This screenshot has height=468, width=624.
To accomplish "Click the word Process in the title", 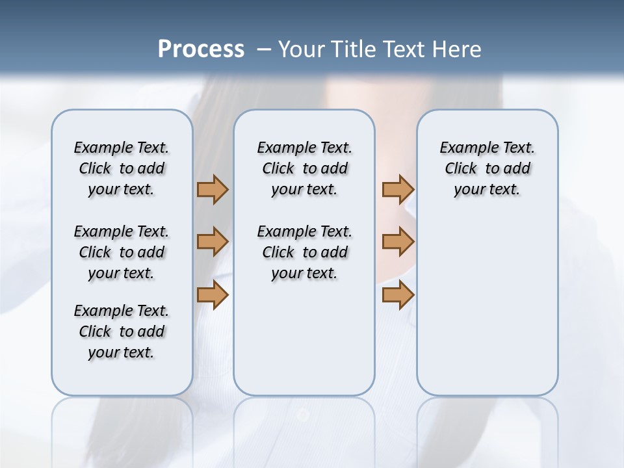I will (201, 49).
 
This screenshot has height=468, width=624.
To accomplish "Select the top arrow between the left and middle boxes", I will (213, 189).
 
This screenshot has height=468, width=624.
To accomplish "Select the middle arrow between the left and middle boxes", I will (213, 242).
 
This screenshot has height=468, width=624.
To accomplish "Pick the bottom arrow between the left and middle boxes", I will (213, 295).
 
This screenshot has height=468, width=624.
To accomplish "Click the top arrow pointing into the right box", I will (398, 189).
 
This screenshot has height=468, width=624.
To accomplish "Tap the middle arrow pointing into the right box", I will (398, 242).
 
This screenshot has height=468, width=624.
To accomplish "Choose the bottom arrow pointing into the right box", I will (398, 295).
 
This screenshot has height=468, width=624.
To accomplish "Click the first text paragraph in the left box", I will (122, 168).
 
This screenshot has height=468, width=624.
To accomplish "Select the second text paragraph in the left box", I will (122, 252).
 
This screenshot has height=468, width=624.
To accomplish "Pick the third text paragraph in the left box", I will (122, 331).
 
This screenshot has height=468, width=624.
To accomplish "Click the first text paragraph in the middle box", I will (304, 168).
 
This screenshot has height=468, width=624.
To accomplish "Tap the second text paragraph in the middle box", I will (304, 252).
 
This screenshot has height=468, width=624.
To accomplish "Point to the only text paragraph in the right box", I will (487, 168).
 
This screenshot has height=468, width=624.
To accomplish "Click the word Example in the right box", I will (464, 148).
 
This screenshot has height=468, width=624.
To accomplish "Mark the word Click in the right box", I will (461, 169).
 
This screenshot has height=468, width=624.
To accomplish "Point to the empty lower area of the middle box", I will (304, 338).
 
